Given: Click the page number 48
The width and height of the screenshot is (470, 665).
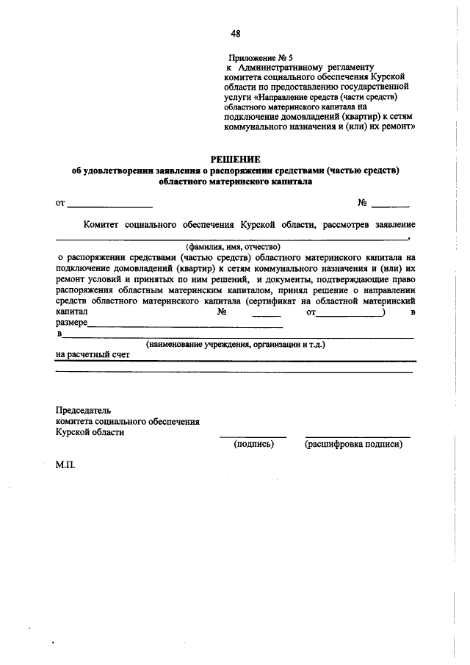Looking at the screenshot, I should [235, 33].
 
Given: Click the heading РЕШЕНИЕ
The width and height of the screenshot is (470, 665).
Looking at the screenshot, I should [235, 159].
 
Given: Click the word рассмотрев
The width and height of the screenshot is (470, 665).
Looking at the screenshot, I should [343, 223].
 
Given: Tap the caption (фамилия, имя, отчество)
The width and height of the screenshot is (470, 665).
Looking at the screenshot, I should [233, 247].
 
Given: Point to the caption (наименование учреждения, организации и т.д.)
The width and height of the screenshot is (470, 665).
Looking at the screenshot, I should [235, 344].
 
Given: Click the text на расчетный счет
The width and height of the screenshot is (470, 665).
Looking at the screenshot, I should [93, 354].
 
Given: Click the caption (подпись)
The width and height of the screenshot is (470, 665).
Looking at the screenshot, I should [253, 444].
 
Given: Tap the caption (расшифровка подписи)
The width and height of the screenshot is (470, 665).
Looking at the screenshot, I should [352, 444].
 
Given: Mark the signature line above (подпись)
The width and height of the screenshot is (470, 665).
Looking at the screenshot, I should [253, 436].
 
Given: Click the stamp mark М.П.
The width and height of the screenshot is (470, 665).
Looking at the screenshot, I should [65, 465].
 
